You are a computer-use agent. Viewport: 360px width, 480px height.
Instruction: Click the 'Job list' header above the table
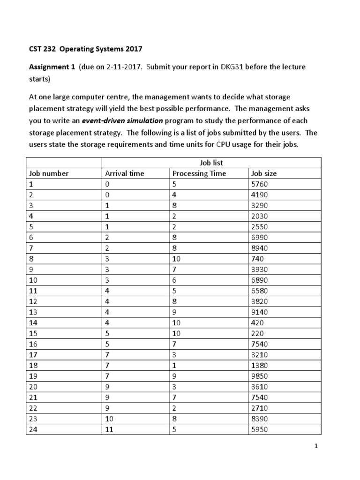point(212,163)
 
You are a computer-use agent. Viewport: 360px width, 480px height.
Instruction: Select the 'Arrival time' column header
point(124,173)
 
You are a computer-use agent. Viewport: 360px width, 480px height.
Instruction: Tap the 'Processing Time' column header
point(199,173)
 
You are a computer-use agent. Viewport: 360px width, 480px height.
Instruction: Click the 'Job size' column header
point(264,173)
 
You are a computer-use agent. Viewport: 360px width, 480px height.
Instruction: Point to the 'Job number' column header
point(49,173)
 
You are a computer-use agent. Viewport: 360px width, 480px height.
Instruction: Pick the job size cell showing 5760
point(260,184)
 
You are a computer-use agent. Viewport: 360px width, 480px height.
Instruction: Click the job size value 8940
point(260,248)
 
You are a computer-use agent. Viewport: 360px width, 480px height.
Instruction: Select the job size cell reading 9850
point(260,376)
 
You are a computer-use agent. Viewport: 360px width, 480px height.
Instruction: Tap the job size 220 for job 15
point(258,333)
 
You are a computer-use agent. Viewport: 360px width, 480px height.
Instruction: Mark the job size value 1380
point(260,365)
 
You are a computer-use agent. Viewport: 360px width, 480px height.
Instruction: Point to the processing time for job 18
point(175,365)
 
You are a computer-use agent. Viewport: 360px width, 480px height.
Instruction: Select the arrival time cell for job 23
point(109,419)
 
